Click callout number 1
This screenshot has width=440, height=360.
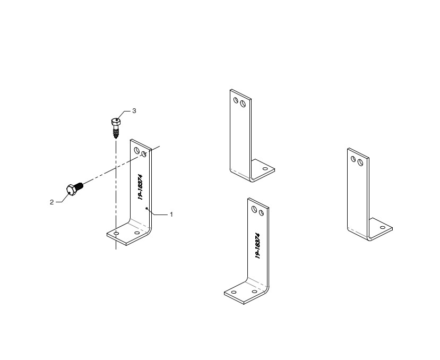[171, 215]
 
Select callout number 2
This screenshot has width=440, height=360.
[51, 202]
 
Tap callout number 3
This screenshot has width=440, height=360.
[134, 111]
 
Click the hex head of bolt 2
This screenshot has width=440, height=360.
[71, 190]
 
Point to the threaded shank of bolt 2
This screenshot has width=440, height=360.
[80, 186]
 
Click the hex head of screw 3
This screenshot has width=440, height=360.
[116, 122]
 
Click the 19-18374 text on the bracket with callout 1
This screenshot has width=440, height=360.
[141, 187]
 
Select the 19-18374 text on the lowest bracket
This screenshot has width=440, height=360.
[258, 246]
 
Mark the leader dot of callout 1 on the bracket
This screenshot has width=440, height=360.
[146, 208]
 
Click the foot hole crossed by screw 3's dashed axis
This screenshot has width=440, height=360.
[116, 233]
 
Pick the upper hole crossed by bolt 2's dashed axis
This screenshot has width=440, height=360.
[144, 154]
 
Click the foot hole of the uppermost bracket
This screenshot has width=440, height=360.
[265, 169]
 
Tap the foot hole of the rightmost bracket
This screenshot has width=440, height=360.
[383, 227]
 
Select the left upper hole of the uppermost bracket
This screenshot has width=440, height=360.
[236, 100]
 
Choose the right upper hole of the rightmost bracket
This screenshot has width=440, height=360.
[360, 162]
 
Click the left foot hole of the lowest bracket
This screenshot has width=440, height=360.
[234, 293]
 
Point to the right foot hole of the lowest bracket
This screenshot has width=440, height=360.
[254, 292]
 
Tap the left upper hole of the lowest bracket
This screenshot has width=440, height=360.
[254, 209]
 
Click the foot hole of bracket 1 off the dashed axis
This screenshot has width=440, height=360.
[137, 233]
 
